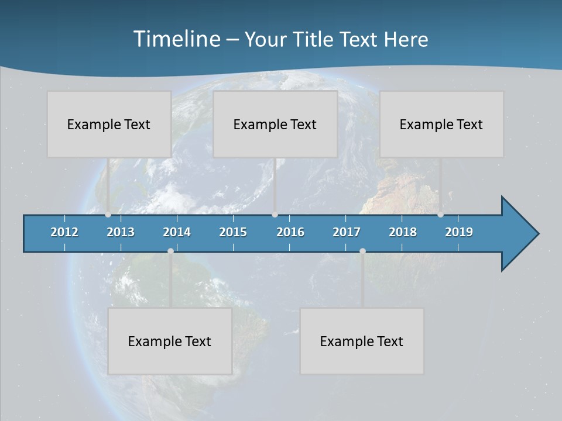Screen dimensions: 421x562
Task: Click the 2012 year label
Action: point(64,232)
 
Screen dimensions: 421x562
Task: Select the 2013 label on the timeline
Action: point(121,232)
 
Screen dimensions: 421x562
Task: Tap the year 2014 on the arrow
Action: point(177,232)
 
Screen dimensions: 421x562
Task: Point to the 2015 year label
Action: point(233,232)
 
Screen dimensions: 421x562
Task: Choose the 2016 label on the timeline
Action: point(290,232)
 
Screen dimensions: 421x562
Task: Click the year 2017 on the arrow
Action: point(347,232)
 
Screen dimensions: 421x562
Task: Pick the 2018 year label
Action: point(403,232)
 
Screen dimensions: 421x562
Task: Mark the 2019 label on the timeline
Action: point(459,232)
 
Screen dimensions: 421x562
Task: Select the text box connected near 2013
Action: point(109,124)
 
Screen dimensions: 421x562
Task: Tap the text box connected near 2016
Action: point(275,124)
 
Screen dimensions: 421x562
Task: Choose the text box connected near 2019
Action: point(441,124)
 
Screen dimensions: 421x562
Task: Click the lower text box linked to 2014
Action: point(170,341)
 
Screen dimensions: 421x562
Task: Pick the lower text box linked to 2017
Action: point(362,341)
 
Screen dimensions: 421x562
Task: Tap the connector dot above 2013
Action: point(108,214)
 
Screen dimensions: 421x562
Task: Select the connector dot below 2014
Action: point(170,251)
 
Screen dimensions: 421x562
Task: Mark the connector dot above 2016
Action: point(275,214)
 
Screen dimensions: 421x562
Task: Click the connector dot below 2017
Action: point(362,251)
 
